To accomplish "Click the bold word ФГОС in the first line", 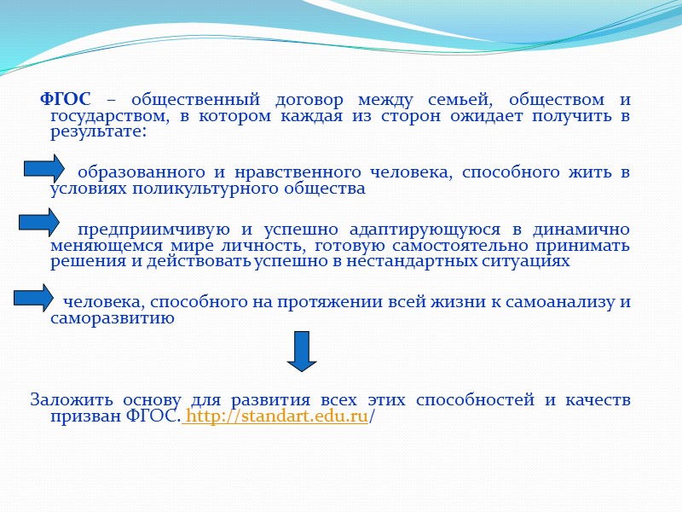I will (66, 100).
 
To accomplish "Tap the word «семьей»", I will (448, 100).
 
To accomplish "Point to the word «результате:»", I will (98, 133).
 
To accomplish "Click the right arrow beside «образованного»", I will (44, 168).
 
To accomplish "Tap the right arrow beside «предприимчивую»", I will (39, 224).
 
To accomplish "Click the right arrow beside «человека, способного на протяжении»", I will (34, 297).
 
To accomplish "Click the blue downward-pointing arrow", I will (302, 351).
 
